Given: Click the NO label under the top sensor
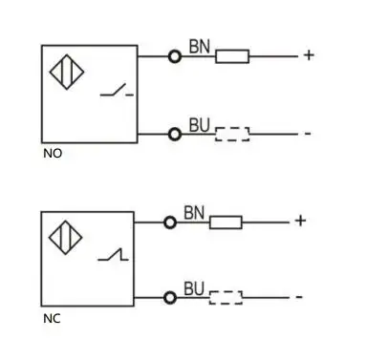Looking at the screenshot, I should click(52, 153).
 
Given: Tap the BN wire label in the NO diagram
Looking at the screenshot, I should click(199, 45).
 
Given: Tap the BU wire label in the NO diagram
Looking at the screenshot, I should click(199, 124).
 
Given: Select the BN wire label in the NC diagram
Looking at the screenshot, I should click(194, 211).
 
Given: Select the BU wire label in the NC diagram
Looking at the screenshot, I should click(194, 287).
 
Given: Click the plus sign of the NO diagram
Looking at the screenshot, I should click(309, 55).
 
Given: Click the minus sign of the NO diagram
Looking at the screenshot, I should click(308, 133).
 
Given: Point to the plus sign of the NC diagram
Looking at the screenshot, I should click(300, 222).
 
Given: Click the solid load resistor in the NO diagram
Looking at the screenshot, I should click(232, 56).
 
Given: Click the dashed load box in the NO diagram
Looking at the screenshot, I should click(232, 134).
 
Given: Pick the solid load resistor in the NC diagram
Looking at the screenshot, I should click(226, 222).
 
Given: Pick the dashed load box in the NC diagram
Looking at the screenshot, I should click(226, 298).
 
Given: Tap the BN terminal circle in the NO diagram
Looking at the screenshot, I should click(175, 56).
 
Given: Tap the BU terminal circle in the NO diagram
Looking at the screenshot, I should click(175, 134).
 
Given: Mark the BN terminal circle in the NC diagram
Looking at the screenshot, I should click(170, 222).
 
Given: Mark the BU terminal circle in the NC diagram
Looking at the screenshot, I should click(170, 298).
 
